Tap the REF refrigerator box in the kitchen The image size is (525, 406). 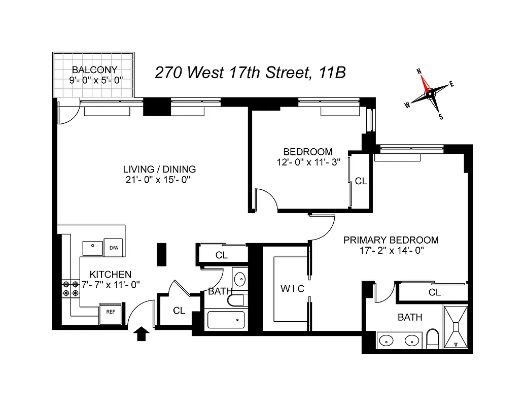point(111,312)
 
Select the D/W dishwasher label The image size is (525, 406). point(114,248)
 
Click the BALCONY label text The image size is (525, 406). point(94,70)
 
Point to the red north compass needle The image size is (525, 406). point(424,81)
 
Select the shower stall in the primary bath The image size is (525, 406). point(458,327)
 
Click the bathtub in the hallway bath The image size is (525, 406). point(226,320)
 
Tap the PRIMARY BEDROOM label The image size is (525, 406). point(391,240)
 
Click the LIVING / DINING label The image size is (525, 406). point(159,170)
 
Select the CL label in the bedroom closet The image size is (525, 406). point(361,181)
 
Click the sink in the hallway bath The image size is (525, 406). point(239,279)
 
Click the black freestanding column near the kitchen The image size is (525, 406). point(161,252)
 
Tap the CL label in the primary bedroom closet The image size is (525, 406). point(434,292)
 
